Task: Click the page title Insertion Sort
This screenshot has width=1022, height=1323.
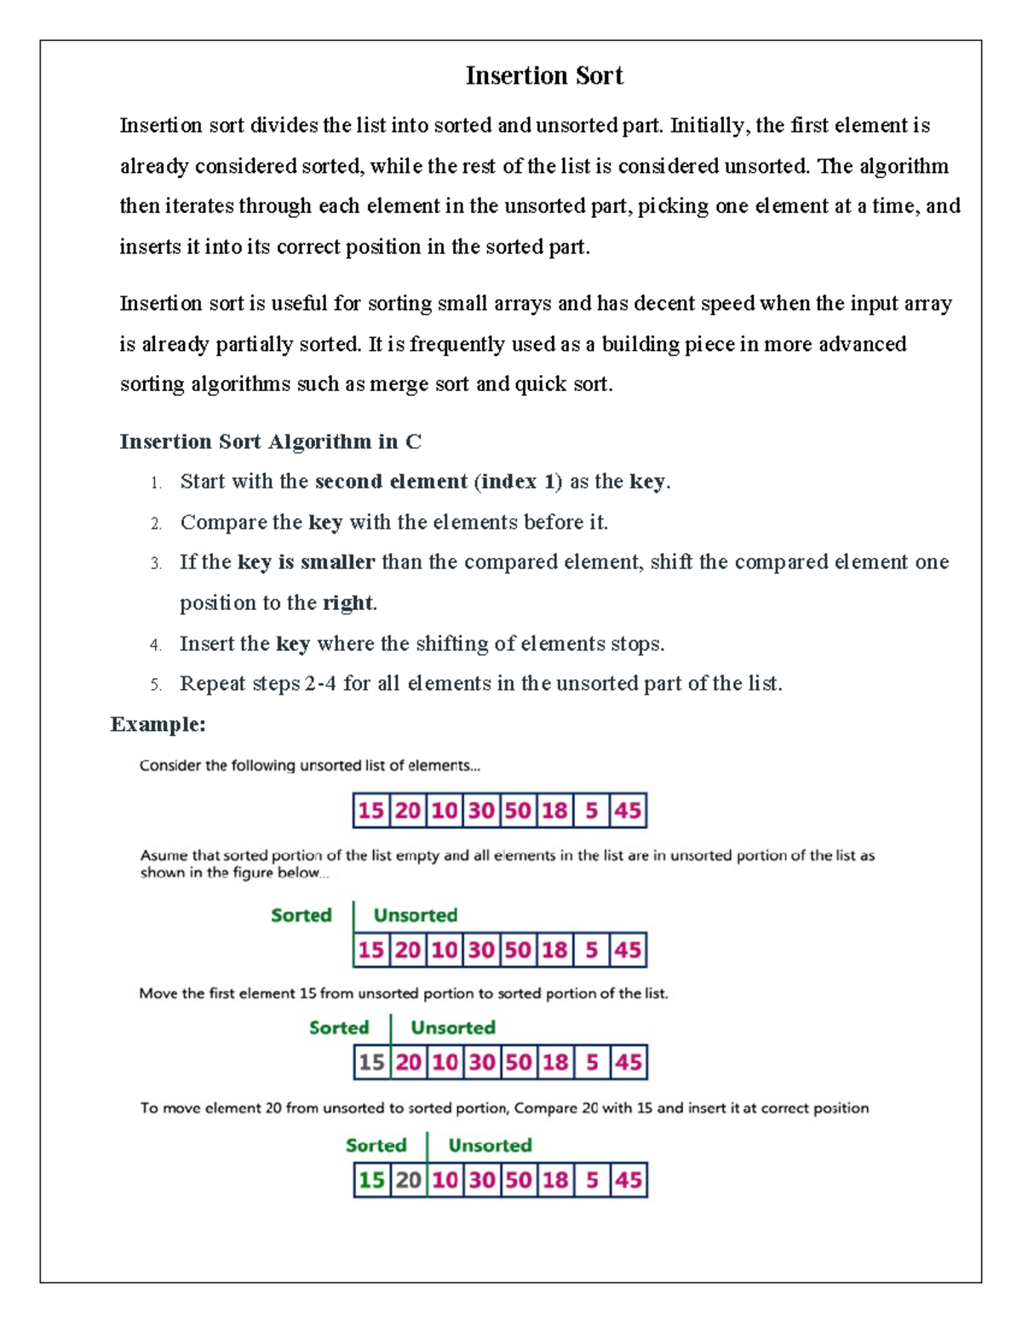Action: (544, 76)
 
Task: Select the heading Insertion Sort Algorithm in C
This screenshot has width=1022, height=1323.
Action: (270, 441)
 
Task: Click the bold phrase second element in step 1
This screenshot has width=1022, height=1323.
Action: (391, 481)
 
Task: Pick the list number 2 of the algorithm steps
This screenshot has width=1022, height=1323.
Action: (156, 523)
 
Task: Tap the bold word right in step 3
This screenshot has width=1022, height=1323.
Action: (347, 603)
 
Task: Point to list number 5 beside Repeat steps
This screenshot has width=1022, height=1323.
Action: (156, 685)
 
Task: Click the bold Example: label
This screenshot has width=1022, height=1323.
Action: (158, 725)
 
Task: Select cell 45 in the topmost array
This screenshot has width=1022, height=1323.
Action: (628, 810)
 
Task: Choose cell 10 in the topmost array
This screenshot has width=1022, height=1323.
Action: (444, 810)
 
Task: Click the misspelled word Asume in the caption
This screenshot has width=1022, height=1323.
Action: (161, 855)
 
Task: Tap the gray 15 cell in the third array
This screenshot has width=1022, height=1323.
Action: (371, 1062)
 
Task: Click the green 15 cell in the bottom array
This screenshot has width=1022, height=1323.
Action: (371, 1180)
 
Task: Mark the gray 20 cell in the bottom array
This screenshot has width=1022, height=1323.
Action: (408, 1180)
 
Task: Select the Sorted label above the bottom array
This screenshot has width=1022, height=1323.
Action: (376, 1145)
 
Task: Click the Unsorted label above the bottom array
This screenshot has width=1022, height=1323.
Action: (490, 1145)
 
